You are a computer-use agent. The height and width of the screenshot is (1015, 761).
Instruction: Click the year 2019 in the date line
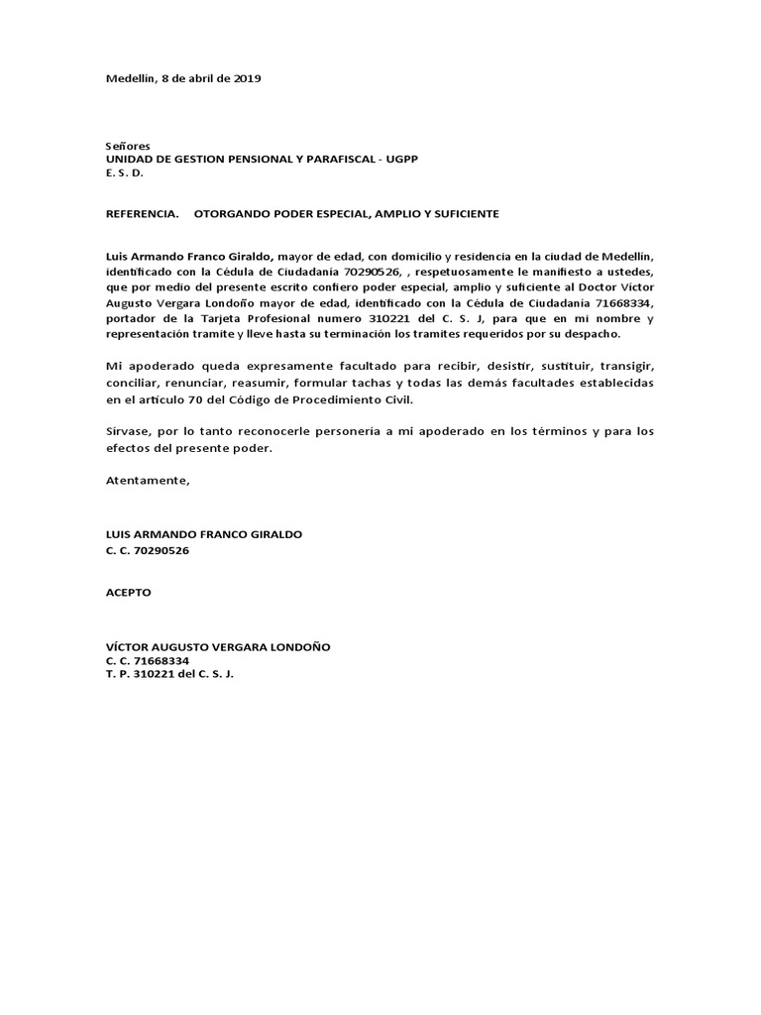click(246, 78)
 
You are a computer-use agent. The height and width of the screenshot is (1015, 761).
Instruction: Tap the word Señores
click(128, 146)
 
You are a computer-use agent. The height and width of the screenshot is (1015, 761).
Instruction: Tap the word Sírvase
click(129, 432)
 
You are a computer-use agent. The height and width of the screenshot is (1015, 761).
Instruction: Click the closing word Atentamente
click(147, 481)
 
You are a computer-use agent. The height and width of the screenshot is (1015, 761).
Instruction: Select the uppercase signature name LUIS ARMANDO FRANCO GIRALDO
click(204, 534)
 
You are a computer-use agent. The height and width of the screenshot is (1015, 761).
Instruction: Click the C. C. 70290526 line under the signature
click(148, 550)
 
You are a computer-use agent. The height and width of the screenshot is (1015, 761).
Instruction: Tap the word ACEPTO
click(129, 592)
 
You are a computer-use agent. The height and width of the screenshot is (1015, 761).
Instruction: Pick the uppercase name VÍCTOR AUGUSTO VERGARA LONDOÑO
click(219, 646)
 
